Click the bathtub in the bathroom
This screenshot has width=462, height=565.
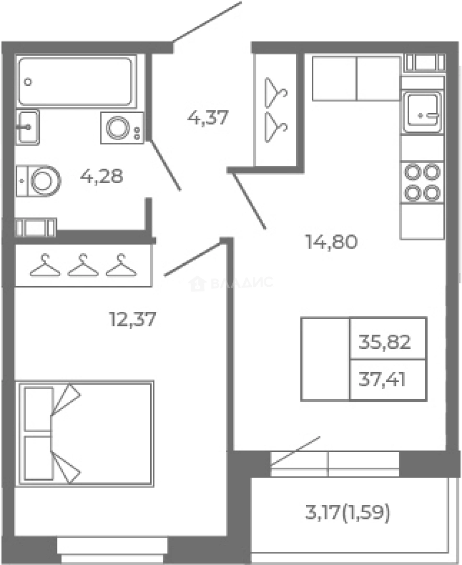point(76,82)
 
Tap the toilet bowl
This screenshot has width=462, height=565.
point(38,180)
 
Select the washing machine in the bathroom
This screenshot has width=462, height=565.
point(122,128)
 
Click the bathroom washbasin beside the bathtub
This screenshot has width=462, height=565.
point(27,127)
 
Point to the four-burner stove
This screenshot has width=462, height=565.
point(422,183)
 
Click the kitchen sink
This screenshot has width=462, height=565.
point(422,112)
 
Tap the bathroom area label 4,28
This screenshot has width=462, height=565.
point(102,177)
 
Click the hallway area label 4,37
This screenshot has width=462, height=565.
point(208,118)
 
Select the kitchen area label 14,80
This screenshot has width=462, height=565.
point(331,241)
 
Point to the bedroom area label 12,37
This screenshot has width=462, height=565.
point(132,319)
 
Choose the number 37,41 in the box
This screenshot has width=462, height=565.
point(382,379)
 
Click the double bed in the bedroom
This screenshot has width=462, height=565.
point(84,434)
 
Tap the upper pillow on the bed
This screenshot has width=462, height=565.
point(39,409)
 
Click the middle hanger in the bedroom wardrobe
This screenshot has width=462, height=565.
point(83,265)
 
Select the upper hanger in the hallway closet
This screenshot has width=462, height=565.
point(276,93)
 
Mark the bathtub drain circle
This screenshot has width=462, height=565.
point(28,82)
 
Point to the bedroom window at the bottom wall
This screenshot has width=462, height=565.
point(112,550)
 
